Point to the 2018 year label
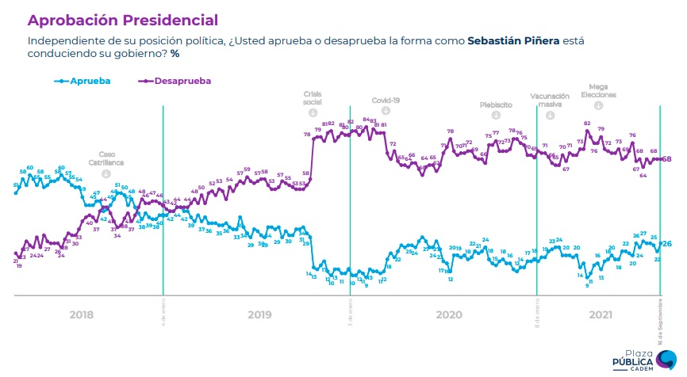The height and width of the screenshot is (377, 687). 81,314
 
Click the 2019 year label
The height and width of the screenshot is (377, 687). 259,314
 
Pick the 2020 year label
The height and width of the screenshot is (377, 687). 448,314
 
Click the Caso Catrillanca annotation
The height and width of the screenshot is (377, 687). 106,158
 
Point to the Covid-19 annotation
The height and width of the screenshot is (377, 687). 387,101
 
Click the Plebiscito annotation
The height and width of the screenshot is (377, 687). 496,104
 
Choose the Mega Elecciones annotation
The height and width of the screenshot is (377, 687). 598,90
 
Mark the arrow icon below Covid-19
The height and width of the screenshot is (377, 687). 386,112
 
